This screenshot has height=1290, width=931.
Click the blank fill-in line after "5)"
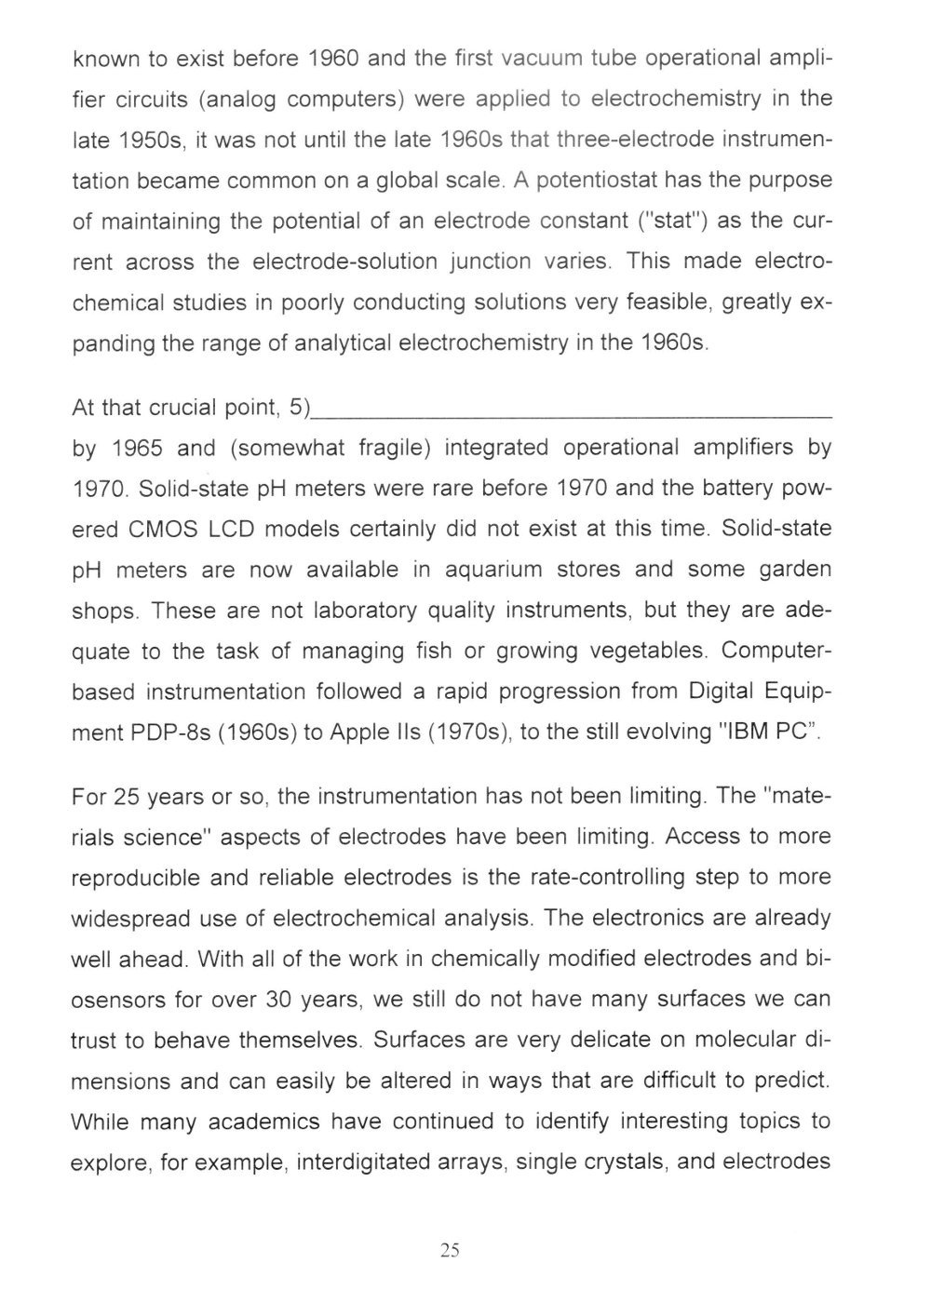pyautogui.click(x=572, y=410)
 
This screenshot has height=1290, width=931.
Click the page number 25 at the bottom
pyautogui.click(x=450, y=1250)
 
